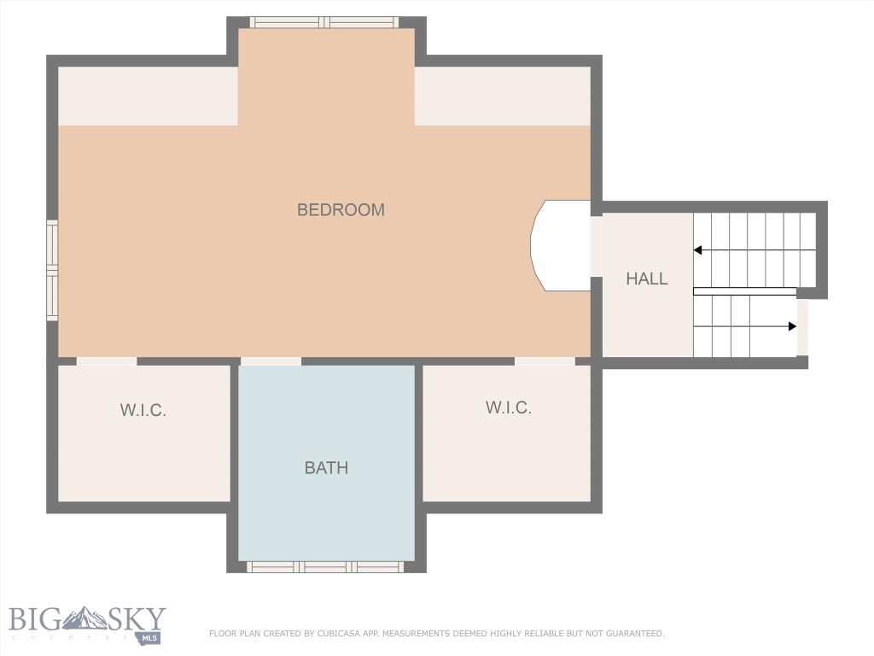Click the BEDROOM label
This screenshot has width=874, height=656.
[x=341, y=209]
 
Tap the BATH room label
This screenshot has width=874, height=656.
[x=326, y=467]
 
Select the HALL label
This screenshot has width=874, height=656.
[x=647, y=278]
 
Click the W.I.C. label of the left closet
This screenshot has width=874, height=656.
[x=143, y=410]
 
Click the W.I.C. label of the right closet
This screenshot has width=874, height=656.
[x=509, y=407]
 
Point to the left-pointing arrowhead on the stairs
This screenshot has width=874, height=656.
[x=698, y=250]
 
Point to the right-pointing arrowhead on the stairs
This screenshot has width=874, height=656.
[x=792, y=326]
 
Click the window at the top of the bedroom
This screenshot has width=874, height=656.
[x=324, y=22]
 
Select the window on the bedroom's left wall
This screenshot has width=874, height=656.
[x=52, y=270]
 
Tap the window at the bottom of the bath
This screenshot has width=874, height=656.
[x=325, y=566]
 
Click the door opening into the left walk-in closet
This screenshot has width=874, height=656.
[x=107, y=361]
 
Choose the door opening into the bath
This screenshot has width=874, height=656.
[x=271, y=361]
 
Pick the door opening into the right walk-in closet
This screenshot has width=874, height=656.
[x=545, y=361]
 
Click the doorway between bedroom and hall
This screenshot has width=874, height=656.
[x=597, y=245]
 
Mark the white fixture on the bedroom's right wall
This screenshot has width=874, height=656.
[x=561, y=245]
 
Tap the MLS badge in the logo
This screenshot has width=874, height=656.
[x=151, y=637]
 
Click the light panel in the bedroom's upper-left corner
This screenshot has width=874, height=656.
[x=147, y=96]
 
